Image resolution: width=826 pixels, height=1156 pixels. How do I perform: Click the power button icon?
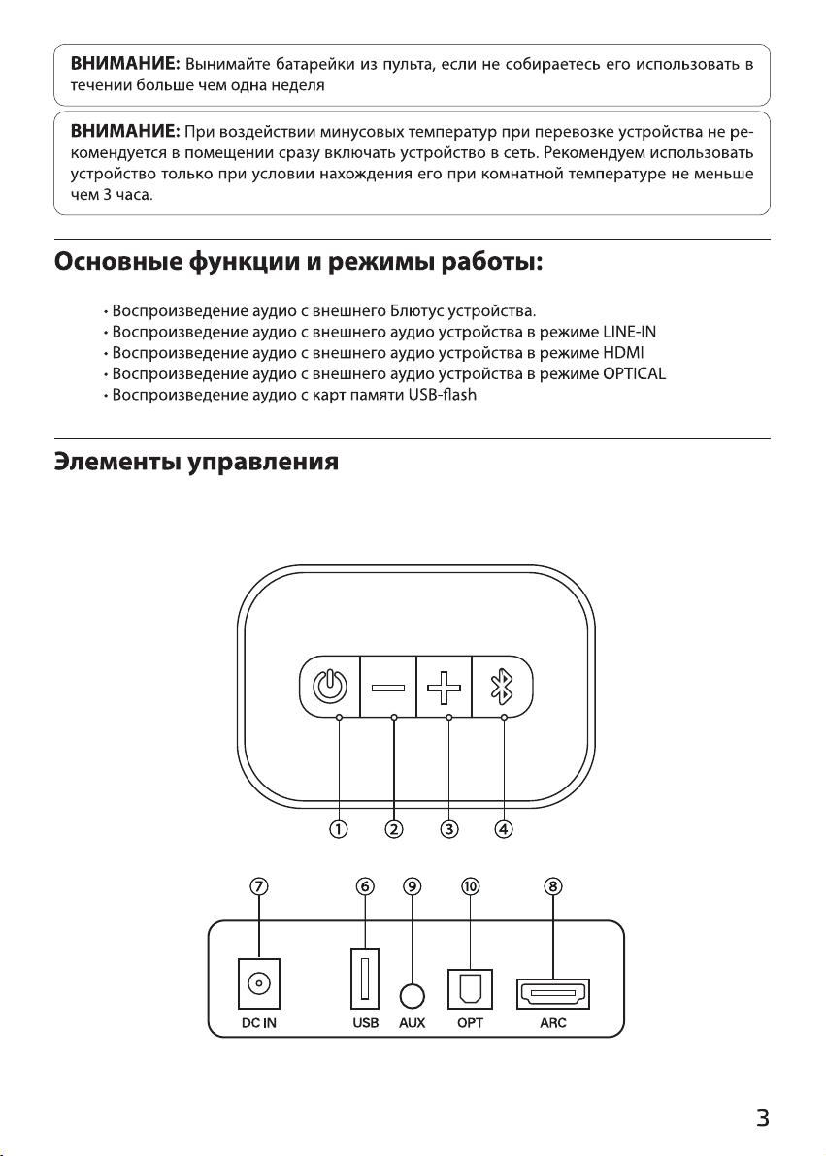point(329,687)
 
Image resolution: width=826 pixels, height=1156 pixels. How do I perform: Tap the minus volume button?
point(388,688)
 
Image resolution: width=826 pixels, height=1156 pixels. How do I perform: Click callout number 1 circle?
point(339,828)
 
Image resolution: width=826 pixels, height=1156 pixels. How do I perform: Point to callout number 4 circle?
point(504,828)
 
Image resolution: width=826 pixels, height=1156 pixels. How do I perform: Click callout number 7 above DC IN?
point(259,885)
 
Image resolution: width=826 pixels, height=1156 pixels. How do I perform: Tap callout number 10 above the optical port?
point(470,885)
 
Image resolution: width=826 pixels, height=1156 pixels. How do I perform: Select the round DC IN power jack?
point(259,982)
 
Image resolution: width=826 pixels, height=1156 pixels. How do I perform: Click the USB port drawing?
point(365,979)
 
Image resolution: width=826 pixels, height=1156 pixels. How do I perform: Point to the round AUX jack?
point(413,996)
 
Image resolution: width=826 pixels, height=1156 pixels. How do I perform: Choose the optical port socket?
point(470,988)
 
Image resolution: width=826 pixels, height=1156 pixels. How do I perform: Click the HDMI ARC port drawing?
point(553,993)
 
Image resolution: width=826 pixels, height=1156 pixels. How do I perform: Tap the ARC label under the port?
point(553,1022)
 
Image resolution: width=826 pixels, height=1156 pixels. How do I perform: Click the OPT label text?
point(470,1022)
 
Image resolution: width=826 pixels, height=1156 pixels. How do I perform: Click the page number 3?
point(763,1117)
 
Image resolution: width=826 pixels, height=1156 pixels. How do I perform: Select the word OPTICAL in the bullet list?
point(634,373)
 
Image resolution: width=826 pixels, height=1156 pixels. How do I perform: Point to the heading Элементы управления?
point(196,463)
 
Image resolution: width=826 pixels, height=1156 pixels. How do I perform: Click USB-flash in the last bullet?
point(443,395)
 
